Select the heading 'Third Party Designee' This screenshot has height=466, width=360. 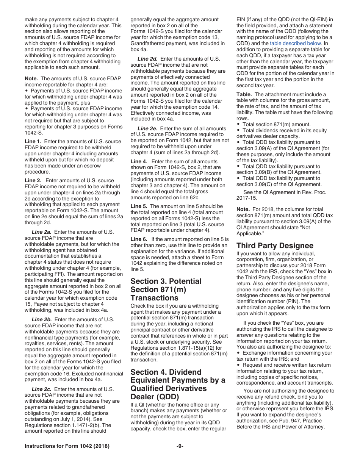point(275,246)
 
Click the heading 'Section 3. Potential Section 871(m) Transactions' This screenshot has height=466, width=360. point(166,289)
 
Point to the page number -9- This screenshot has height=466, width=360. point(180,446)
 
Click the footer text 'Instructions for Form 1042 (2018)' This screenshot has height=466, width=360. point(67,446)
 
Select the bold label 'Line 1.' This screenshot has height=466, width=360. point(33,141)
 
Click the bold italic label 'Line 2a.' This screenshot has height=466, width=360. point(42,232)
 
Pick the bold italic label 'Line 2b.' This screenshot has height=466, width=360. point(42,319)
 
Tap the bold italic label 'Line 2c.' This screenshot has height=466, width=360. point(42,389)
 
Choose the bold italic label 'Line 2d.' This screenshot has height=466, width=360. point(147,59)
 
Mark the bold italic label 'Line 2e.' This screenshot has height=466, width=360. point(147,128)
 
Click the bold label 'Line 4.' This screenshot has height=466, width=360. point(139,161)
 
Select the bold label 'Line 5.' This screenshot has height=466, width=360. point(139,206)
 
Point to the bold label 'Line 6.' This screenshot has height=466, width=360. point(139,239)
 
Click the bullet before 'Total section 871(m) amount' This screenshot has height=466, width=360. point(238,125)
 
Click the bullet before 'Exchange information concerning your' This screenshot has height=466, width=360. point(238,353)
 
